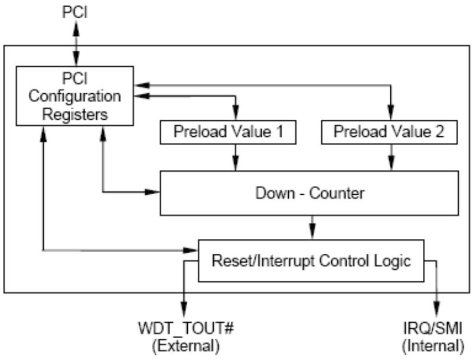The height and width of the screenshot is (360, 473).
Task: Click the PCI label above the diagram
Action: click(75, 12)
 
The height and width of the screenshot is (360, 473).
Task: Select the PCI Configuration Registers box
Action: click(75, 96)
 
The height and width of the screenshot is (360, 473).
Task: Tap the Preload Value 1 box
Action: click(228, 132)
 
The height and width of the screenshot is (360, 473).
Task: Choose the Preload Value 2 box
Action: click(389, 132)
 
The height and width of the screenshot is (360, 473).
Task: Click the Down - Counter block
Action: click(309, 193)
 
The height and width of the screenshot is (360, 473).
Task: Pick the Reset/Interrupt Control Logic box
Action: click(311, 261)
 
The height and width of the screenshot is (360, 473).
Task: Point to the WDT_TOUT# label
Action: click(186, 328)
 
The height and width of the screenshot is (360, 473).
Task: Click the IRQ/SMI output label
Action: click(433, 328)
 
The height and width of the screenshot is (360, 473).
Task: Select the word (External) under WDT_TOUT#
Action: click(186, 346)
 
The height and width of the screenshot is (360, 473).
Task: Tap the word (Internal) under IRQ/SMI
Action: click(433, 346)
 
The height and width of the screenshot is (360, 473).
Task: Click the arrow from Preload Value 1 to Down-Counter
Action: click(236, 158)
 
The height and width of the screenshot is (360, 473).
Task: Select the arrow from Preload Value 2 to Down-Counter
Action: click(392, 158)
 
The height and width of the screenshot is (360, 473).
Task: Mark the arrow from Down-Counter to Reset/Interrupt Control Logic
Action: click(312, 228)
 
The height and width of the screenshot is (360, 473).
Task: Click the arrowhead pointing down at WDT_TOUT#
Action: click(184, 310)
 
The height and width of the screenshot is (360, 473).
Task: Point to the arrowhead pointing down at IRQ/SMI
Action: click(436, 310)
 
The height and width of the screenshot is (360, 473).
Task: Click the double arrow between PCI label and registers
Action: click(76, 44)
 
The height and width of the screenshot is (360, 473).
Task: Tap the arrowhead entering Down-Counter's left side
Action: click(152, 192)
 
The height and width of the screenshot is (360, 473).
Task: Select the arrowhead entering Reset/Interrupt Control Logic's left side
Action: click(190, 250)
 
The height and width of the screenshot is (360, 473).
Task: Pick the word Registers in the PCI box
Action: click(75, 114)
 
